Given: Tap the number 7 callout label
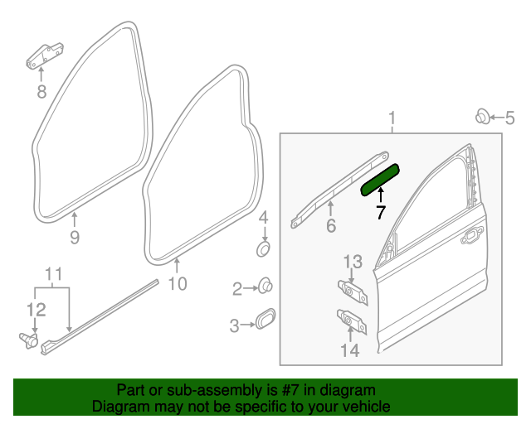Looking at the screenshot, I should tap(380, 212).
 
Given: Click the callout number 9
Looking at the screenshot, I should tap(74, 238).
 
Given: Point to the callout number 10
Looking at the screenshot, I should tap(178, 285).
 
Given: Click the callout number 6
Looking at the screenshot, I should tap(330, 226).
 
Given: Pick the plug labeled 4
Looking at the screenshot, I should tap(262, 248).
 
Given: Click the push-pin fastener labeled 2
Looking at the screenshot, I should tap(265, 287).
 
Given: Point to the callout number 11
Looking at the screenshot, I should tap(53, 275).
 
